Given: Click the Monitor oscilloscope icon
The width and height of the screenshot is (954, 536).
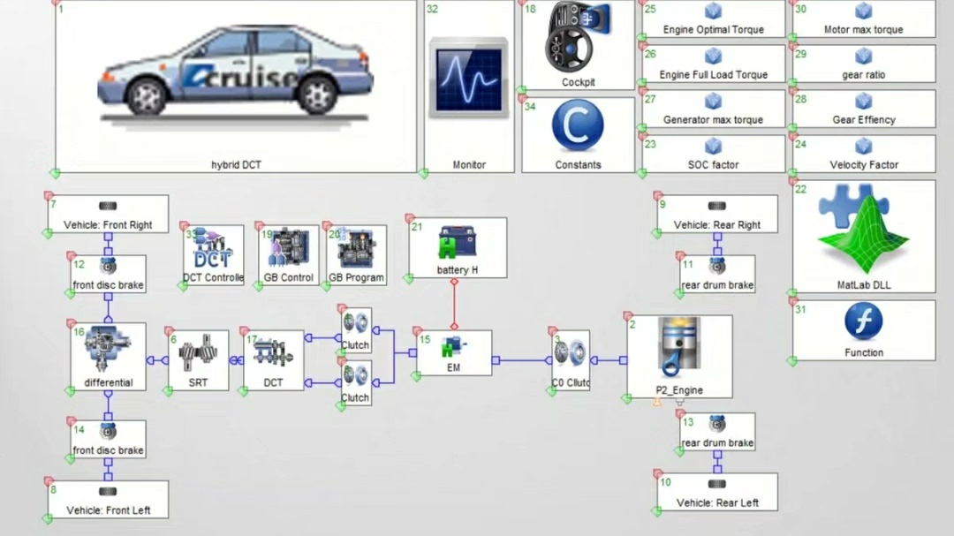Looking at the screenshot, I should (x=469, y=79).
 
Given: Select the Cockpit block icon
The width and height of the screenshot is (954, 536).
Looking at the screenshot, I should (x=578, y=40).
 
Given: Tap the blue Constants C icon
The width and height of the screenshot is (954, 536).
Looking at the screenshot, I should (x=578, y=126).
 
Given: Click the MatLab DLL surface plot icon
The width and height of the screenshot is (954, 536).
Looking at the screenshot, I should (x=863, y=232).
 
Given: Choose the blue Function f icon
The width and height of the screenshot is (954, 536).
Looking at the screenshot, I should (x=863, y=321).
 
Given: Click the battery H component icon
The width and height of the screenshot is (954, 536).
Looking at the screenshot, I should (x=457, y=244).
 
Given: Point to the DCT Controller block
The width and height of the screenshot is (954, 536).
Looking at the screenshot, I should (x=213, y=251).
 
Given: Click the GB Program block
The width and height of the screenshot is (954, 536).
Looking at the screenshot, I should (x=356, y=251).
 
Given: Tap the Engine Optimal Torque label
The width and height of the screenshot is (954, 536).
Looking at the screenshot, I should (x=713, y=29).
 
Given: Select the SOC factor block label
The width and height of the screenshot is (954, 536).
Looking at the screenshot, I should (x=713, y=165).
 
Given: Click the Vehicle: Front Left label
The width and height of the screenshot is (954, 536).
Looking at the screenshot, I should (x=108, y=510).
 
